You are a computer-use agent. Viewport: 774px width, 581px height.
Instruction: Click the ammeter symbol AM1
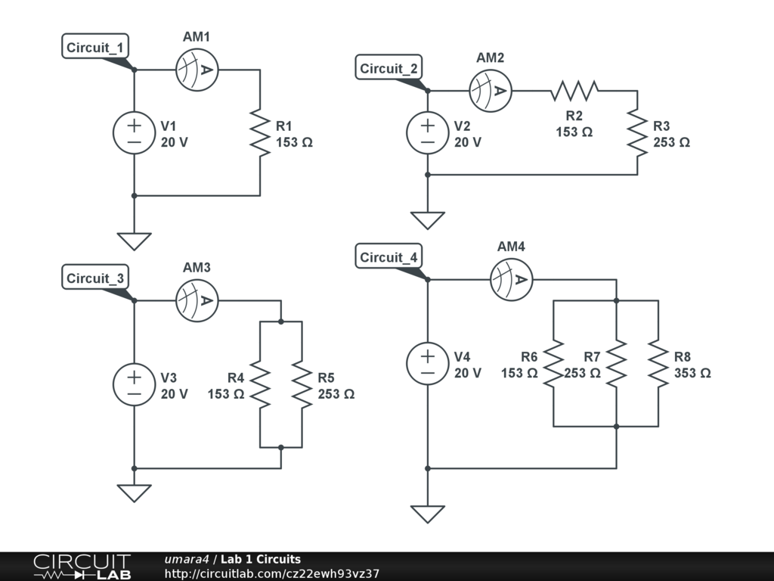click(197, 70)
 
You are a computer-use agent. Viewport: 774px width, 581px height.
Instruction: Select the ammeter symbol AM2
click(490, 92)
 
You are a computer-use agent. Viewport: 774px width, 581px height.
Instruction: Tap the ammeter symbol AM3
click(197, 300)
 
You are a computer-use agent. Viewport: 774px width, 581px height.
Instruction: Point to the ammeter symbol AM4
click(511, 280)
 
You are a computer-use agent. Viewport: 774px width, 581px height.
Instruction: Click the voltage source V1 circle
click(134, 133)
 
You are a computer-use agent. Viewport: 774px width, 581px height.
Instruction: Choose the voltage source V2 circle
click(427, 133)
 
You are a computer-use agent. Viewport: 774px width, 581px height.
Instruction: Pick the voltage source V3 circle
click(134, 384)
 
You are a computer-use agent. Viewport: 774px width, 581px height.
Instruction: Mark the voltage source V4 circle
click(427, 363)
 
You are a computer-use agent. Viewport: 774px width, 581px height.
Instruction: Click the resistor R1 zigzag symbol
click(260, 133)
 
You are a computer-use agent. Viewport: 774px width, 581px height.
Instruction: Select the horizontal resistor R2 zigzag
click(574, 92)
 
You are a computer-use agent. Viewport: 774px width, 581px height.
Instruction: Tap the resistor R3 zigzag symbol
click(637, 133)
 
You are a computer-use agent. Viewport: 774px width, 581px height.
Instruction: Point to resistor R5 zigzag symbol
click(302, 384)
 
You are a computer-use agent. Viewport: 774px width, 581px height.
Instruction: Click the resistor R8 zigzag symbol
click(658, 363)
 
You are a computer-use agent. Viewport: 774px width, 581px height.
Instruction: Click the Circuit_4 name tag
click(389, 257)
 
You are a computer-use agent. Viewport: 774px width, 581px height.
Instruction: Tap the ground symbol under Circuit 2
click(427, 220)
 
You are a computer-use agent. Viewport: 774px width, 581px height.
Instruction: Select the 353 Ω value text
click(692, 373)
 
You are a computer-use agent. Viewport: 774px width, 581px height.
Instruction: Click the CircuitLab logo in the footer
click(81, 567)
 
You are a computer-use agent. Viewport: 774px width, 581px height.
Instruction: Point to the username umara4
click(186, 560)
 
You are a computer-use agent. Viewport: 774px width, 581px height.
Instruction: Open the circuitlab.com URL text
click(271, 573)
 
